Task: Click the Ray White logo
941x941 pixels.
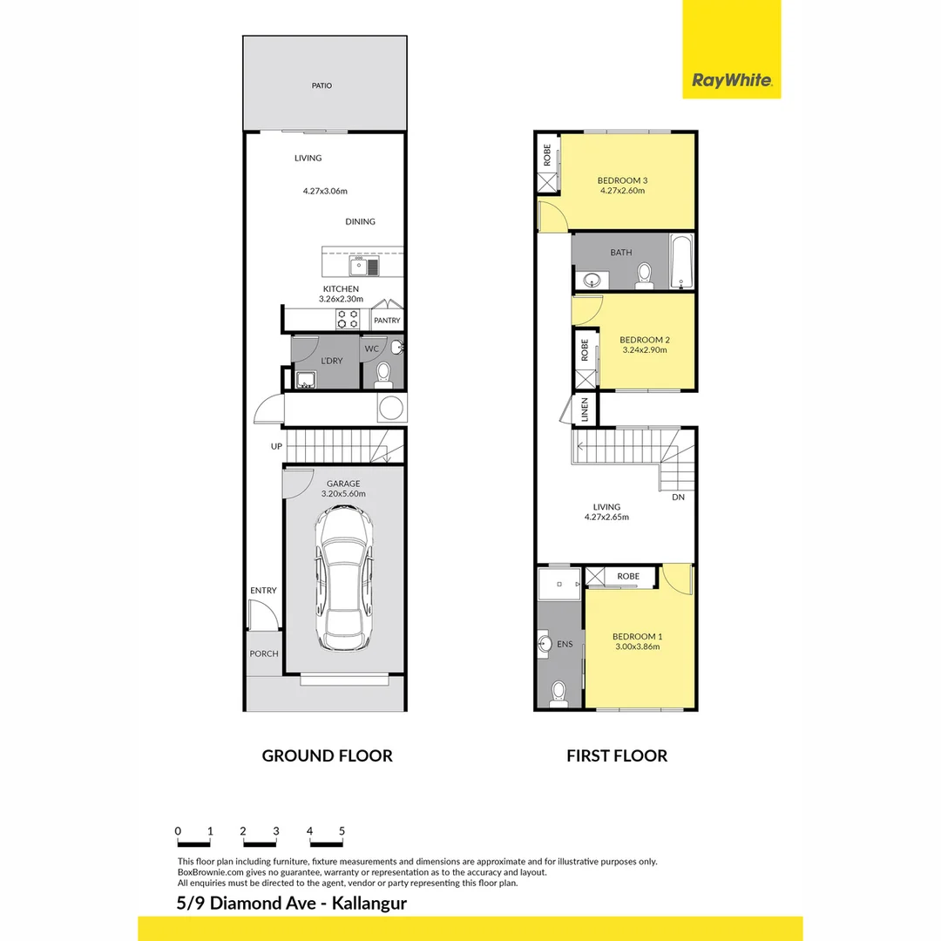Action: [x=731, y=80]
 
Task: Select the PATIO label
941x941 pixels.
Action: [x=322, y=86]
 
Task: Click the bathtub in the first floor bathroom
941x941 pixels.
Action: [x=680, y=261]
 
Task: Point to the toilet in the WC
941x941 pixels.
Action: [x=382, y=376]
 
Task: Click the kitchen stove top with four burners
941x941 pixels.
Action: [x=349, y=319]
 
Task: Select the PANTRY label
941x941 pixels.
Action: [x=387, y=321]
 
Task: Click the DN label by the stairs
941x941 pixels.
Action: [x=678, y=498]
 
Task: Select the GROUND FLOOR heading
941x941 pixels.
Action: [x=327, y=755]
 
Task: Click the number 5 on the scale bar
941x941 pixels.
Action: [x=342, y=831]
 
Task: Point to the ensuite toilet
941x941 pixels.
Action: [x=559, y=693]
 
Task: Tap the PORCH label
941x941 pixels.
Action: [x=263, y=653]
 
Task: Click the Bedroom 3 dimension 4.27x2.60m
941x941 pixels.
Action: [x=621, y=190]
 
